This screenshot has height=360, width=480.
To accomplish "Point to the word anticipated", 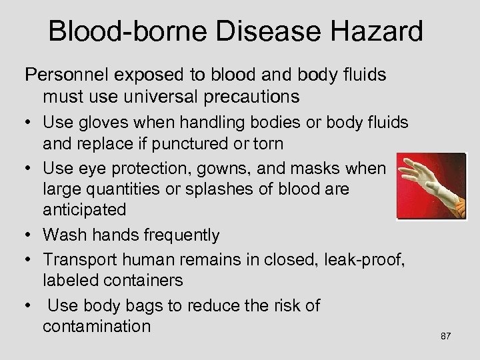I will (x=84, y=209).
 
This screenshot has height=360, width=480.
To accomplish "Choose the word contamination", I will (x=106, y=327).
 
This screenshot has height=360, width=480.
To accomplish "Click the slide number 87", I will (x=446, y=336).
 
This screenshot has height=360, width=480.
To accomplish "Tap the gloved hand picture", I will (x=429, y=185).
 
